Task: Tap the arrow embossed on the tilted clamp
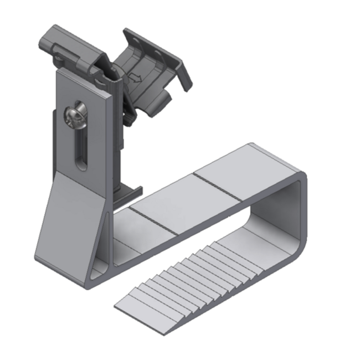click(136, 79)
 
